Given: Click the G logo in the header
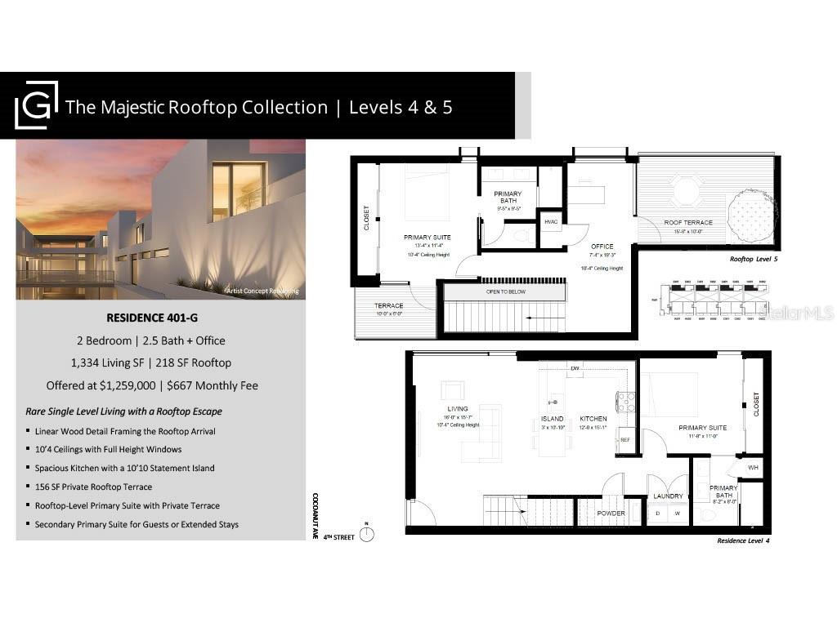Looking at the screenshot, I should pyautogui.click(x=37, y=104).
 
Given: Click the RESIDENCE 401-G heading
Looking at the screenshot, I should pyautogui.click(x=160, y=318).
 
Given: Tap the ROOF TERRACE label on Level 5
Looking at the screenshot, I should pyautogui.click(x=688, y=222).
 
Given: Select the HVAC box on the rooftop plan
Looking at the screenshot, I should pyautogui.click(x=551, y=221).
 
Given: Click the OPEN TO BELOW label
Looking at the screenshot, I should pyautogui.click(x=504, y=291).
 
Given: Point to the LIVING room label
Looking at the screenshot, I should pyautogui.click(x=457, y=409).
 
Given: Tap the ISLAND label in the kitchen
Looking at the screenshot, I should pyautogui.click(x=552, y=419).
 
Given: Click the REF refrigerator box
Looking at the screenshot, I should pyautogui.click(x=625, y=439).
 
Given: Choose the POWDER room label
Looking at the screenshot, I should pyautogui.click(x=611, y=514).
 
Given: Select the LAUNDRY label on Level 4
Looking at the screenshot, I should pyautogui.click(x=668, y=496).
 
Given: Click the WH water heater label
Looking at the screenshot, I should pyautogui.click(x=753, y=468).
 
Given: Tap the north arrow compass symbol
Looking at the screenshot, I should pyautogui.click(x=368, y=534).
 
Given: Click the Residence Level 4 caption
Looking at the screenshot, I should pyautogui.click(x=743, y=540).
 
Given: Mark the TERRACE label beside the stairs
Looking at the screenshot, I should pyautogui.click(x=389, y=305).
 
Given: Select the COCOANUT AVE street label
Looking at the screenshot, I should pyautogui.click(x=314, y=516).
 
